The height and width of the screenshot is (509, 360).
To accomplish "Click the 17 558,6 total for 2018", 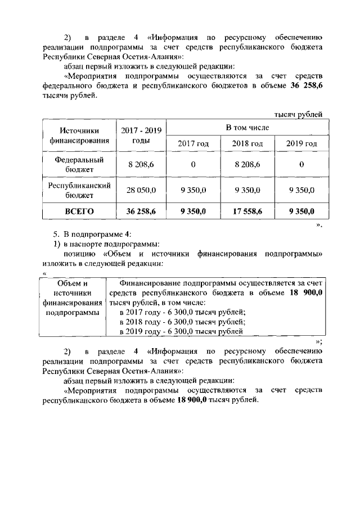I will [247, 211].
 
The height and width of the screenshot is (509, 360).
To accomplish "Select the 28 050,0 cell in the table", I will [140, 190].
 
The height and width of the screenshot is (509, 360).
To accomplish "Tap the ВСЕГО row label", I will [78, 211].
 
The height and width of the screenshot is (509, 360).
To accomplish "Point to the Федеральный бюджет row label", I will [78, 164].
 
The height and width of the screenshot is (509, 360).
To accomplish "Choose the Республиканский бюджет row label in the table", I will [78, 190].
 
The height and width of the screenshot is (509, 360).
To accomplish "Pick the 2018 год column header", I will [247, 143].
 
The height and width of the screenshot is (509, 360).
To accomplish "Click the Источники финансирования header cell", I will [78, 136].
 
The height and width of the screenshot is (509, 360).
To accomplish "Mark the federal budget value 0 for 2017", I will [193, 165].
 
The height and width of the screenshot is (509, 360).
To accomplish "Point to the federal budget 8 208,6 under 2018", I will [247, 165].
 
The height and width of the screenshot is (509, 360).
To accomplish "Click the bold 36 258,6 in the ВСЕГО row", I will [140, 211].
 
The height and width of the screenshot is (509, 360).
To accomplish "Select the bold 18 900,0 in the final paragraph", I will [193, 400].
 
